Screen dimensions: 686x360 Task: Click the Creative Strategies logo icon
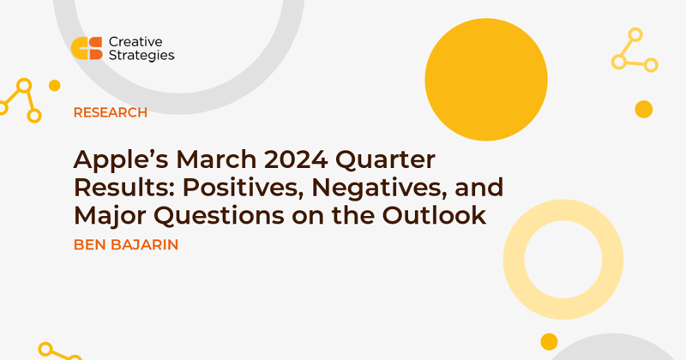87,48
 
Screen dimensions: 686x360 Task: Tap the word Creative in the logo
135,42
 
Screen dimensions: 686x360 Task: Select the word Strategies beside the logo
141,56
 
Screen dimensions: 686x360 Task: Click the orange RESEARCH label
111,112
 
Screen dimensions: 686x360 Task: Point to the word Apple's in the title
121,160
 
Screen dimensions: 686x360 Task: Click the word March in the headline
216,159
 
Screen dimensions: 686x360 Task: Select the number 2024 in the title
296,159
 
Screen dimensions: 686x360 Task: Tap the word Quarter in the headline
385,160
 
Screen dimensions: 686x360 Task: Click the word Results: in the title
124,188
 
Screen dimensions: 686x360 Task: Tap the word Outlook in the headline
434,215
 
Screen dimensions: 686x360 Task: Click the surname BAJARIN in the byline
145,244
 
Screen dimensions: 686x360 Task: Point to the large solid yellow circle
486,80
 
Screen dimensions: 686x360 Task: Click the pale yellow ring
514,260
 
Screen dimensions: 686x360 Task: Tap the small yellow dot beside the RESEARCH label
55,86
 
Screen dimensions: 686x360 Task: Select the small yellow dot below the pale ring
549,342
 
